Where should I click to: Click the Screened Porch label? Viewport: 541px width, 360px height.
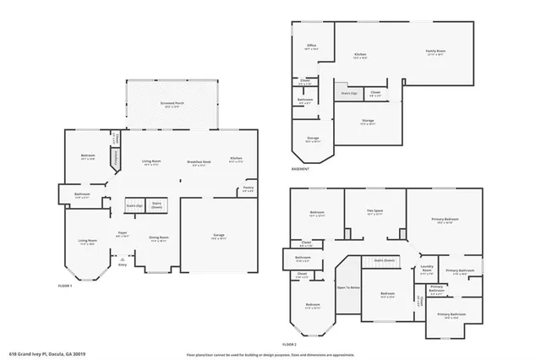point(172,106)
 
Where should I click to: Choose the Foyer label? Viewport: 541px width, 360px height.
point(122,236)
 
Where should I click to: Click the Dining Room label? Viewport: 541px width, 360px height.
point(158,239)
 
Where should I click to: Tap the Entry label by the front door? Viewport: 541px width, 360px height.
point(122,265)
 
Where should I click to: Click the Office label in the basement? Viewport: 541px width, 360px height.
point(310,48)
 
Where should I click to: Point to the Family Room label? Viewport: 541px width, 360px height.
point(435,52)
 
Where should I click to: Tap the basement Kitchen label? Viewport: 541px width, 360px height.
point(359,56)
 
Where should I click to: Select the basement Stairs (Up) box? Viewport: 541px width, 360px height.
point(347,94)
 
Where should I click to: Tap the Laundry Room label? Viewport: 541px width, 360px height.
point(427,272)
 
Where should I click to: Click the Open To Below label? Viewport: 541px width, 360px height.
point(347,288)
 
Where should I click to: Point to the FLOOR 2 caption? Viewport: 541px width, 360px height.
point(290,345)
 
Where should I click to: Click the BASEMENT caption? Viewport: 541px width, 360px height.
point(299,169)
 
